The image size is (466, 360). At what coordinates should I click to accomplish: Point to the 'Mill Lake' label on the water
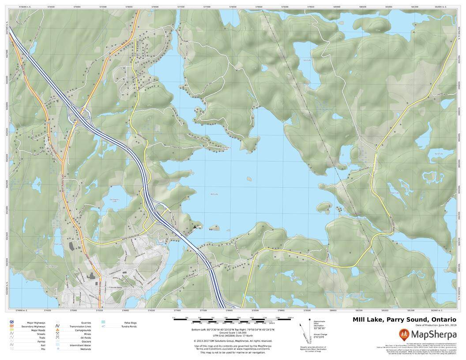pos(214,194)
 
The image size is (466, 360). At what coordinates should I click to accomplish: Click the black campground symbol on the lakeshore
pos(194,227)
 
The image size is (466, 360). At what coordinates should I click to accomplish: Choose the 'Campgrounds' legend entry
pos(83,330)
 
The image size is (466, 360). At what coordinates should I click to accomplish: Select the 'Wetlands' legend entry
pos(86,349)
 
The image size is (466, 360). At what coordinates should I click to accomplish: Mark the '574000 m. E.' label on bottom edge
pos(21,311)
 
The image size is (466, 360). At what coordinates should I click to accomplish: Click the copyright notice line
pos(233,341)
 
